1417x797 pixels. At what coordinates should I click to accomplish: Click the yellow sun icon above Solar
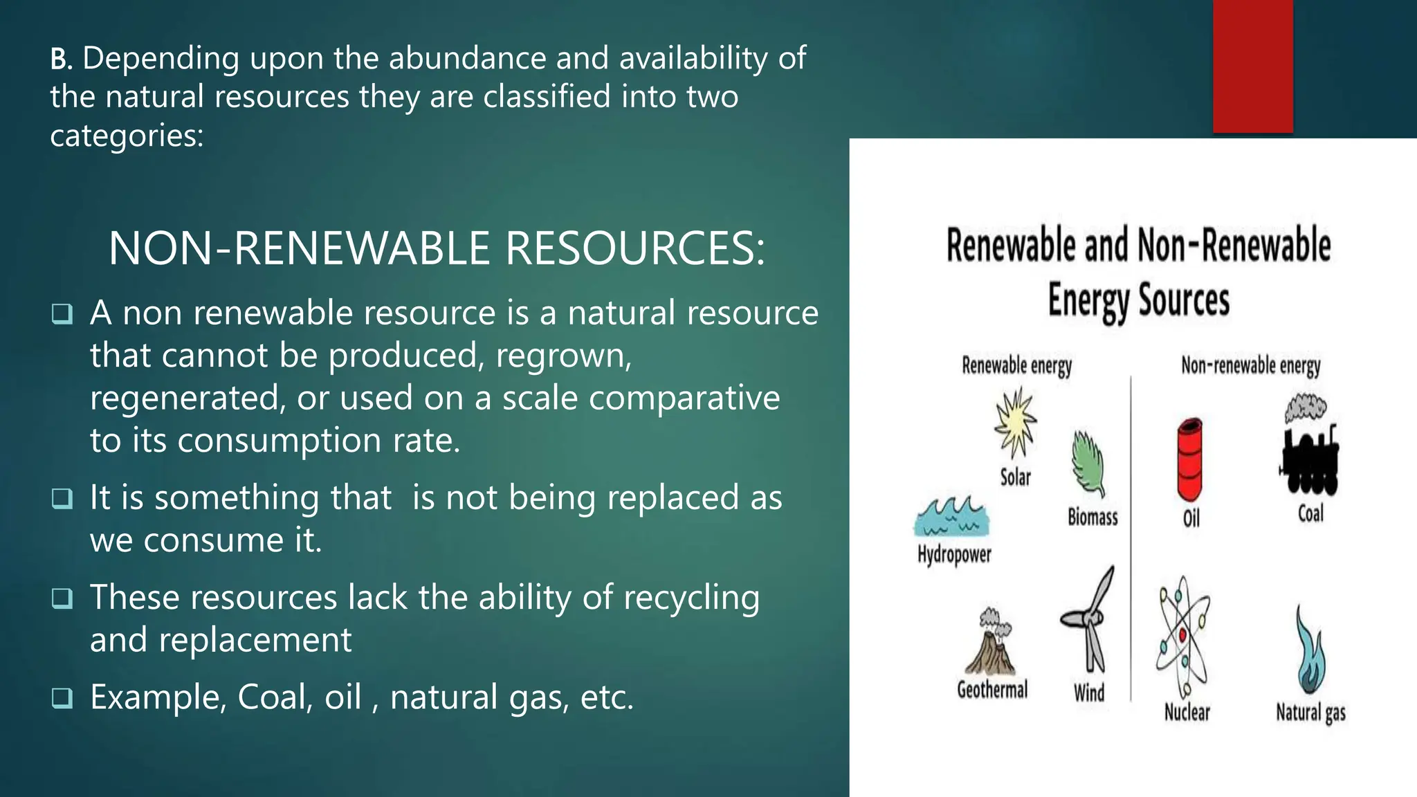(1015, 422)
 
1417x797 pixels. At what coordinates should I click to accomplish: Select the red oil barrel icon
(1190, 459)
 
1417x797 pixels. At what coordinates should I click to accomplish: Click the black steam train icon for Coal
(1309, 450)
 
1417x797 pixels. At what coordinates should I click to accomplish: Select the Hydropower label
(954, 555)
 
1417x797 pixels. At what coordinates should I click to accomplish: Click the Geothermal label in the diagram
(992, 690)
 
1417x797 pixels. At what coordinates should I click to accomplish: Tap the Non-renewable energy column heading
(1250, 365)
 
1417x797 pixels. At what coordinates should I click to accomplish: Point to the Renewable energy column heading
(1016, 365)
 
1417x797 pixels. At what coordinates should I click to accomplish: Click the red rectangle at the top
(1252, 66)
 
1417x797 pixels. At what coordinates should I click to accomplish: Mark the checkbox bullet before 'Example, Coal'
(62, 699)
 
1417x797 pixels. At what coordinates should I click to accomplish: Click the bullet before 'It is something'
(62, 499)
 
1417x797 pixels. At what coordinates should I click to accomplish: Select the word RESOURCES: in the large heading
(635, 248)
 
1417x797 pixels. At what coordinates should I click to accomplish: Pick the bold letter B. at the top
(61, 59)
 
